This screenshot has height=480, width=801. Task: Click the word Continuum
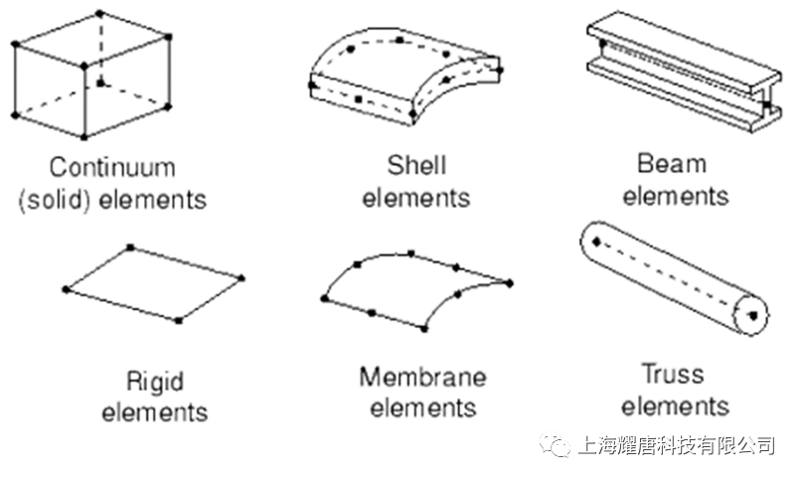[x=112, y=168]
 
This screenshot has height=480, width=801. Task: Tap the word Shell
[x=416, y=165]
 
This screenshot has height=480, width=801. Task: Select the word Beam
[x=672, y=164]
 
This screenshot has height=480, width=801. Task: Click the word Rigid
[x=155, y=382]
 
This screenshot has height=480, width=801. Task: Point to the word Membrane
[x=423, y=377]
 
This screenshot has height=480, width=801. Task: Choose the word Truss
[x=673, y=374]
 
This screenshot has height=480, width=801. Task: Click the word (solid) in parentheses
[x=56, y=199]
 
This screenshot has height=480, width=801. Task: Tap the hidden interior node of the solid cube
[x=100, y=82]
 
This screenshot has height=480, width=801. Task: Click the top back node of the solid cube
[x=99, y=13]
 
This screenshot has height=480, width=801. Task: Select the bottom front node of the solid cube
[x=84, y=136]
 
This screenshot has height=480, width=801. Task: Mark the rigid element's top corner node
[x=130, y=247]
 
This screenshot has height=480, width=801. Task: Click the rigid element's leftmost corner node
[x=66, y=289]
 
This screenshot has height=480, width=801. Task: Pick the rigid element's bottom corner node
[x=178, y=321]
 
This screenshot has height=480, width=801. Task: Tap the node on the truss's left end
[x=596, y=241]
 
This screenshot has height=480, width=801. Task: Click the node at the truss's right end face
[x=753, y=316]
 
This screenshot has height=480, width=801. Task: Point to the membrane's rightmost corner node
[x=509, y=283]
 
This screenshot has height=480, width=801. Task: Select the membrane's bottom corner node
[x=424, y=329]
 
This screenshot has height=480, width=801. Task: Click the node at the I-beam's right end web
[x=767, y=104]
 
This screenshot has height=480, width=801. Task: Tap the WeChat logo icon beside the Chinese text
[x=555, y=444]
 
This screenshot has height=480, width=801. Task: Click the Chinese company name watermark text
[x=677, y=445]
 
